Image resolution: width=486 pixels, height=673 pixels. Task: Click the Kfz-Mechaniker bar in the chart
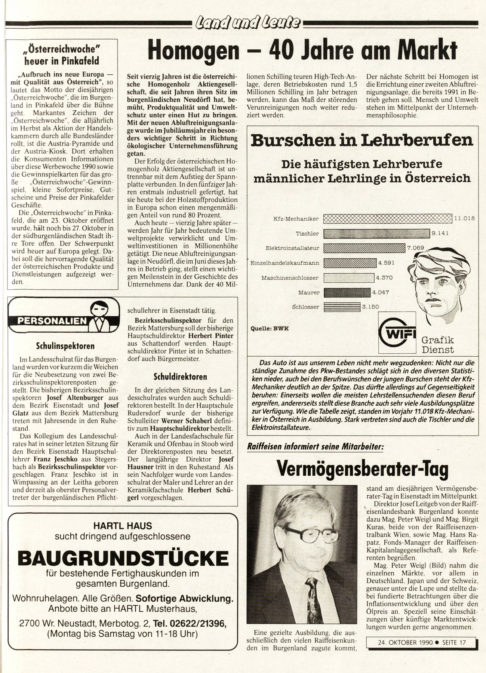[x=387, y=218]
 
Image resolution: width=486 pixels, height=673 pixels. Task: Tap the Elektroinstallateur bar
[x=364, y=248]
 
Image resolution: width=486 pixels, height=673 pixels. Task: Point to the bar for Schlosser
[x=342, y=307]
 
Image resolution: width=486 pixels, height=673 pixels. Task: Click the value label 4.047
[x=381, y=292]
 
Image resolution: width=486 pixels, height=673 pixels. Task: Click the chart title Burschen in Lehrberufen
[x=362, y=141]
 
